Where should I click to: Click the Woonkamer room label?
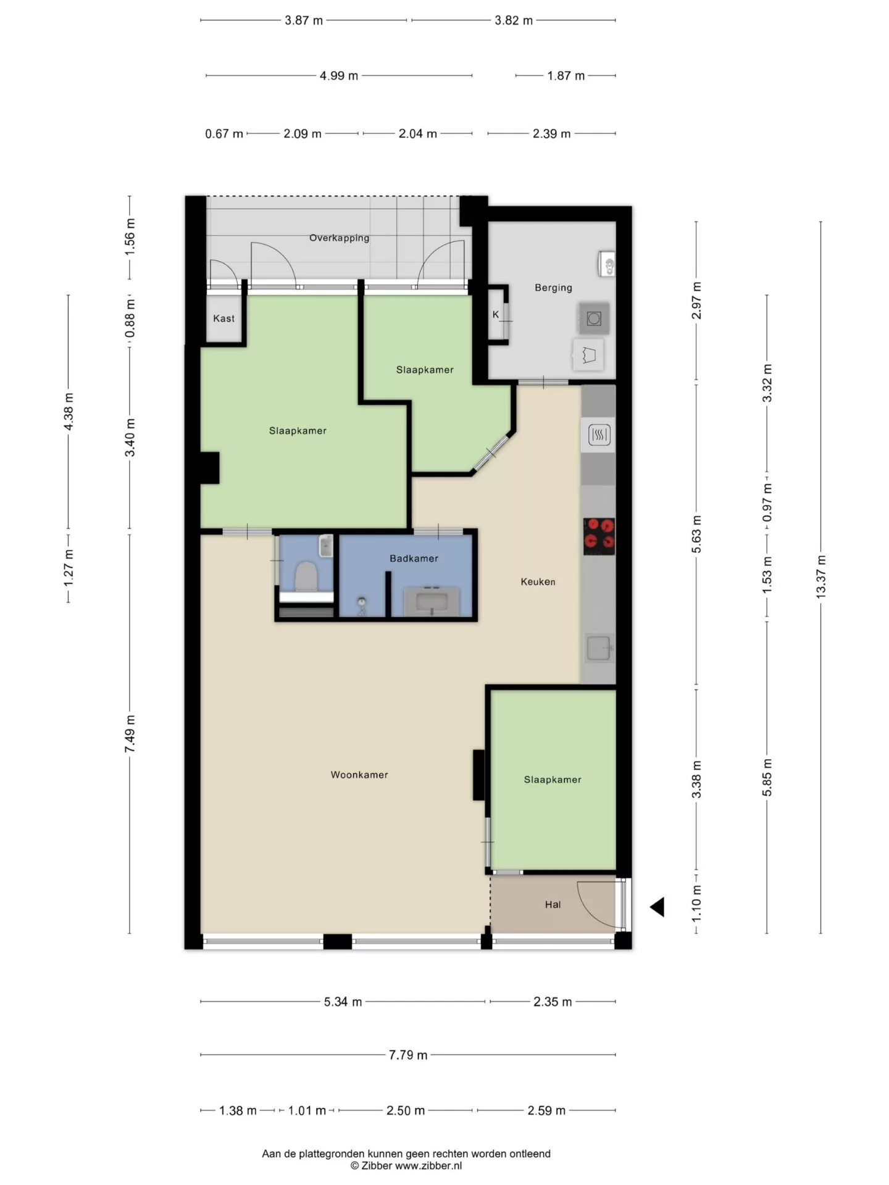tap(359, 775)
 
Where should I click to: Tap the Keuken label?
tap(538, 581)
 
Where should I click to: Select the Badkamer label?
tap(414, 559)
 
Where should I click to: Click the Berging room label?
tap(553, 288)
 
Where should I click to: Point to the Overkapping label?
tap(339, 238)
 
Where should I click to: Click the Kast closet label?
tap(223, 318)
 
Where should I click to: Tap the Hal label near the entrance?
tap(553, 905)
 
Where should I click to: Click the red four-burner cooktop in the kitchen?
tap(599, 534)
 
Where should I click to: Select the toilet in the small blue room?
tap(306, 576)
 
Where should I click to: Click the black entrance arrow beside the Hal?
tap(657, 907)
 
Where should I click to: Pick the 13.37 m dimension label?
tap(820, 576)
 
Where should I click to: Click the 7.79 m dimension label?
tap(408, 1055)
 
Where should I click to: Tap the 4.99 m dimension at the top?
tap(339, 76)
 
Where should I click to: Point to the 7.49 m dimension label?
tap(130, 734)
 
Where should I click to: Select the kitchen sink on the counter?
tap(599, 649)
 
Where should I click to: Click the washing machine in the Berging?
tap(594, 318)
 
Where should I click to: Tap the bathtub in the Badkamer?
tap(432, 601)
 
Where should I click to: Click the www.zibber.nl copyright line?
tap(406, 1166)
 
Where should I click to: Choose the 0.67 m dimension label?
tap(223, 134)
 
